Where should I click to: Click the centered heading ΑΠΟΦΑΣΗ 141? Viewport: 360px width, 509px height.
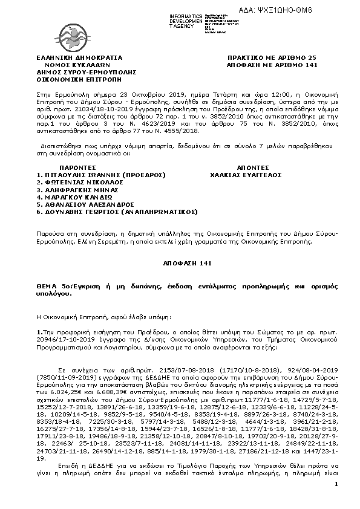click(180, 264)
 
